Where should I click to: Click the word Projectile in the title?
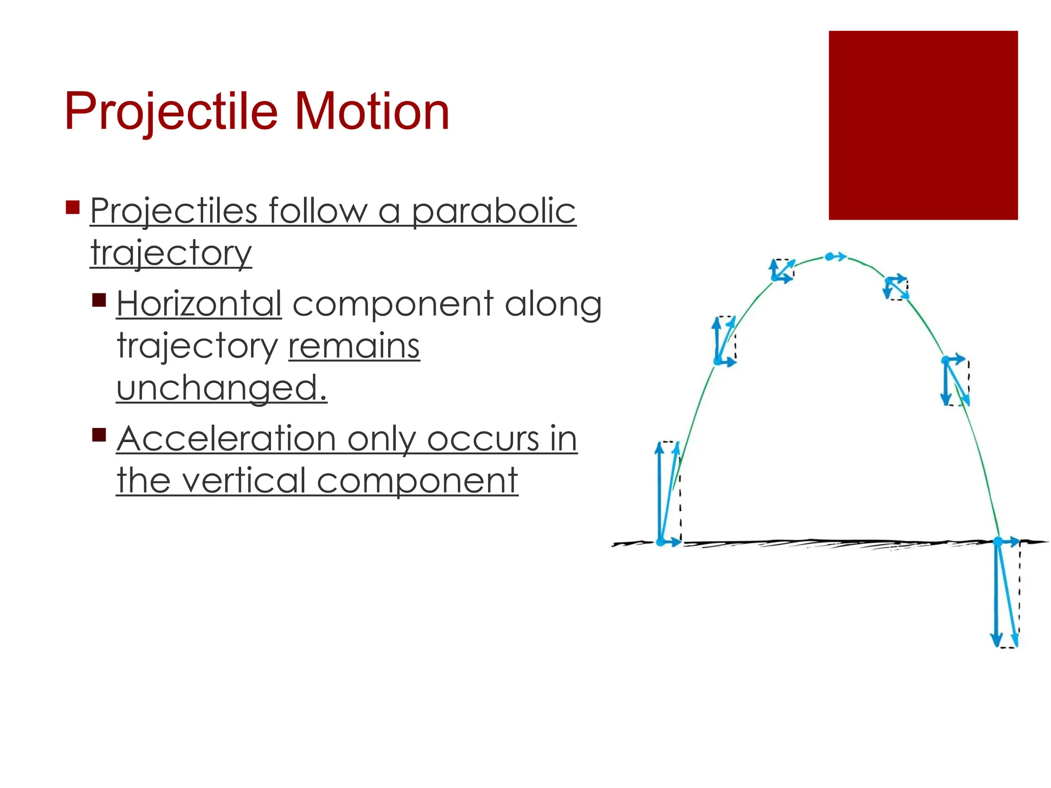point(171,112)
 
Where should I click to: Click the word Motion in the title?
point(372,112)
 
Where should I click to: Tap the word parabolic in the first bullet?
point(494,211)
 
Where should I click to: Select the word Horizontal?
point(199,304)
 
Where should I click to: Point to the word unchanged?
point(221,388)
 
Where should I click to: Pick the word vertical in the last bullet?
point(244,481)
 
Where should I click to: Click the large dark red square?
point(923,125)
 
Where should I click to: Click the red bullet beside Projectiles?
point(73,207)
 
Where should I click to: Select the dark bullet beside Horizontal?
point(99,300)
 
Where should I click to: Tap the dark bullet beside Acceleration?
point(99,435)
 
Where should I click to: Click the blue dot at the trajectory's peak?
point(829,257)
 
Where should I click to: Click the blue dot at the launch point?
point(661,542)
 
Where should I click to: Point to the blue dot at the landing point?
point(998,541)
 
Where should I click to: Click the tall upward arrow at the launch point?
point(659,493)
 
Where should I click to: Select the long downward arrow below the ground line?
point(996,595)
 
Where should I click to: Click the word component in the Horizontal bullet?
point(393,304)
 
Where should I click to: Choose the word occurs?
point(482,439)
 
